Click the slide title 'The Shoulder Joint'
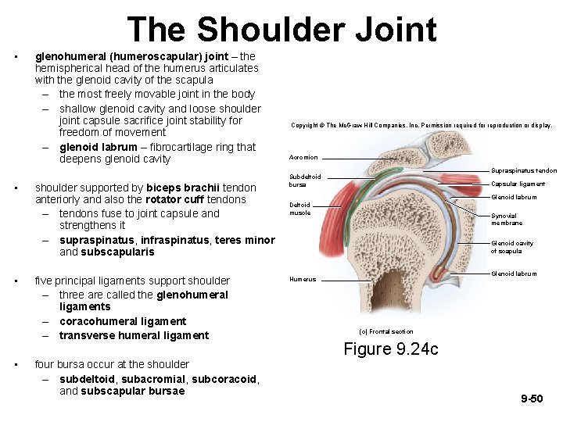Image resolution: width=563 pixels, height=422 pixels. pos(281,30)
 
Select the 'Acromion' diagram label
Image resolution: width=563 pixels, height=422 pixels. pos(303,157)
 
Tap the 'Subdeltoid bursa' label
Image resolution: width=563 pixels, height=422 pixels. pos(305,181)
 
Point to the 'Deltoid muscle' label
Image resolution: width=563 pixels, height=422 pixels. pos(300,209)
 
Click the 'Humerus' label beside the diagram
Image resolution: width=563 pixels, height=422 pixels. pos(303,279)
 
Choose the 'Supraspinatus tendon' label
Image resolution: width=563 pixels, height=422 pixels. pos(524,170)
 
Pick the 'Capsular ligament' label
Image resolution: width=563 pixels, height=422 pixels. pos(518,184)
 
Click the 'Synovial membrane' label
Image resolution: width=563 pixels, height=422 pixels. pos(507,220)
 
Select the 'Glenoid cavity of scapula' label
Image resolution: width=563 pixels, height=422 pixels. pos(512,247)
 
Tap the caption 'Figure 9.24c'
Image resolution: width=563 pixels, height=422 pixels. pos(391,349)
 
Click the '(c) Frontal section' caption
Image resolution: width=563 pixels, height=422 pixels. pos(385,331)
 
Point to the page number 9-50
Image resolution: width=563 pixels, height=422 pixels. pos(532,399)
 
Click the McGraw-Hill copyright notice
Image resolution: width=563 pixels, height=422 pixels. pos(421,125)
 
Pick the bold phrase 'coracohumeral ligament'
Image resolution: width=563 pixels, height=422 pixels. pos(123,321)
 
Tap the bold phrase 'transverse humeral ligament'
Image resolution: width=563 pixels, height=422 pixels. pos(134,335)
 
